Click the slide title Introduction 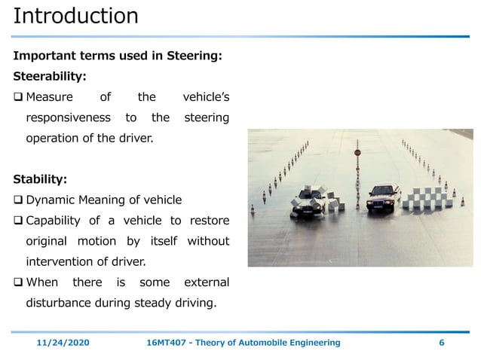pyautogui.click(x=76, y=17)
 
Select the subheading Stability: pyautogui.click(x=40, y=179)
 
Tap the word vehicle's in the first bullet pyautogui.click(x=206, y=97)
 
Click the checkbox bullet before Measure pyautogui.click(x=18, y=97)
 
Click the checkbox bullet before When pyautogui.click(x=18, y=282)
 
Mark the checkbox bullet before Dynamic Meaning pyautogui.click(x=18, y=200)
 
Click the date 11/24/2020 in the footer pyautogui.click(x=63, y=343)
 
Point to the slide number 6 pyautogui.click(x=441, y=343)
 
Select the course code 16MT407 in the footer pyautogui.click(x=167, y=343)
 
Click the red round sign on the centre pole pyautogui.click(x=357, y=153)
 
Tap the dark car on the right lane pyautogui.click(x=383, y=198)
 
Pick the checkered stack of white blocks pyautogui.click(x=428, y=197)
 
